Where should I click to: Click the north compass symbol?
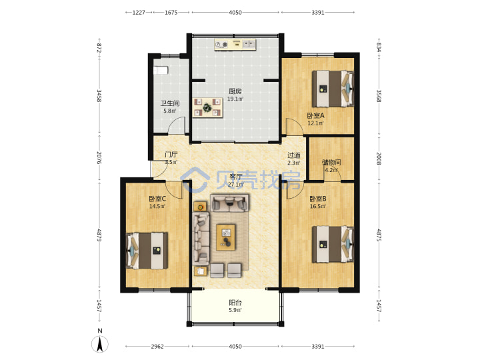click(100, 343)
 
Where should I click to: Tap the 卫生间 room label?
click(170, 103)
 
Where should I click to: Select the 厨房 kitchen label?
click(235, 91)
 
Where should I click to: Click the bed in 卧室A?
click(333, 89)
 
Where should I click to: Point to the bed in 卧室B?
click(333, 244)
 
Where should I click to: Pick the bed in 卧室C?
click(147, 251)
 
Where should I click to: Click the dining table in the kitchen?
click(208, 107)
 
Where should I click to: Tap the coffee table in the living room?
click(226, 237)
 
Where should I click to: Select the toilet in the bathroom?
click(161, 71)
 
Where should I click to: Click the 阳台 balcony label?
click(235, 303)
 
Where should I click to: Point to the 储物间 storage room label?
click(331, 162)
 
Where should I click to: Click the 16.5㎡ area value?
click(318, 206)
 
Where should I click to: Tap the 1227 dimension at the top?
click(139, 13)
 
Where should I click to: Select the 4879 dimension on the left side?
click(99, 235)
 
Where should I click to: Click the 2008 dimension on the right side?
click(379, 158)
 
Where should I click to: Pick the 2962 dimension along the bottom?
click(157, 347)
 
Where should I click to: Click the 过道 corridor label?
click(294, 155)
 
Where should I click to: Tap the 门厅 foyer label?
click(171, 155)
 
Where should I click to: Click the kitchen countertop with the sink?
click(235, 45)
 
